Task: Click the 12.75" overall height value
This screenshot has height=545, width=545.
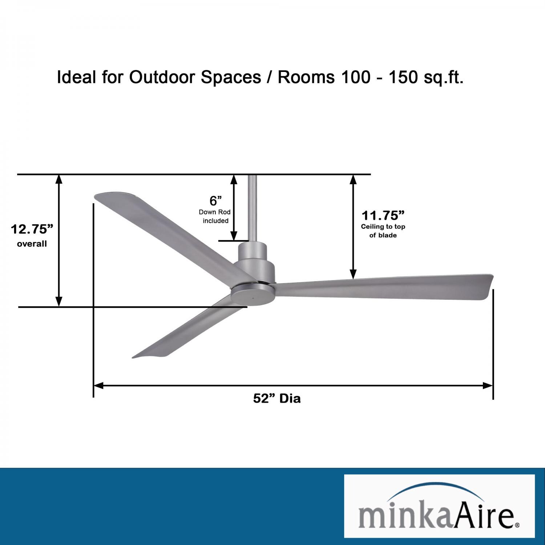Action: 32,229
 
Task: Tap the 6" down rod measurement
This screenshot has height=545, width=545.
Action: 215,201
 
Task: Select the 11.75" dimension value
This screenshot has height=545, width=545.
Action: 383,215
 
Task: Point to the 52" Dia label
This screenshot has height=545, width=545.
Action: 277,399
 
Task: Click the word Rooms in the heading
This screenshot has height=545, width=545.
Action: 306,77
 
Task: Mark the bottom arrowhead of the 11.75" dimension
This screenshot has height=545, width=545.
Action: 353,275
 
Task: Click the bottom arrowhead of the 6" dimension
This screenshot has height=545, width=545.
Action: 234,236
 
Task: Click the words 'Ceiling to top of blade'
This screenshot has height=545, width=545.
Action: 383,231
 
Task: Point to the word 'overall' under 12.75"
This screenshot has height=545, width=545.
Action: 32,244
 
